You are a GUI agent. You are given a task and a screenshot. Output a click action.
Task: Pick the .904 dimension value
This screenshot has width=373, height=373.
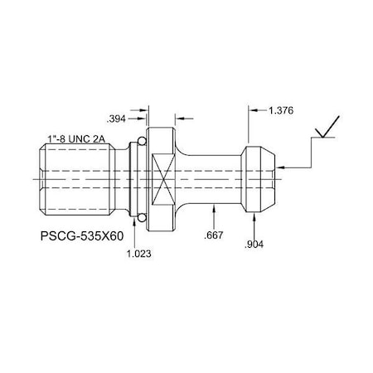click(254, 245)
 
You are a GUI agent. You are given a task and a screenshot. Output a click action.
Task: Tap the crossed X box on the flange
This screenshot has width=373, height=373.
click(163, 177)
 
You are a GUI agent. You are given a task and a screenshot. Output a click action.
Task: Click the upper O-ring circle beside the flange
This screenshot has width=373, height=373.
click(142, 144)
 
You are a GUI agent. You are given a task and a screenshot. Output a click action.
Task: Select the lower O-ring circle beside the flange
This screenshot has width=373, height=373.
click(142, 217)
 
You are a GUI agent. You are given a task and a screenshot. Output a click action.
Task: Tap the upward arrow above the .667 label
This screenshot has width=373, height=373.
click(215, 208)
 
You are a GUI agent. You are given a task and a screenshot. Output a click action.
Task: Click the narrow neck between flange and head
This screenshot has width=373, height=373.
click(211, 177)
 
